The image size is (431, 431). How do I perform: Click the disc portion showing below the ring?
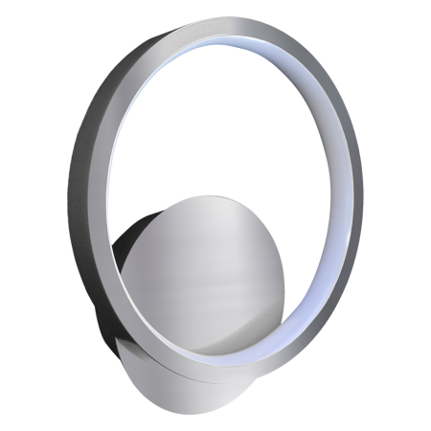click(192, 369)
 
